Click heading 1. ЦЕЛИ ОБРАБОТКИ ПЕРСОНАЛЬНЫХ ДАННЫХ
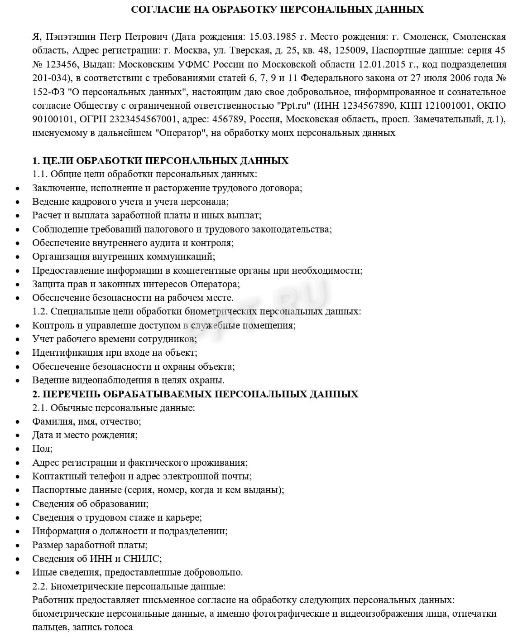[160, 161]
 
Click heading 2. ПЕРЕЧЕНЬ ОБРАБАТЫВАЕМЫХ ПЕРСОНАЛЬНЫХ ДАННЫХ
[195, 394]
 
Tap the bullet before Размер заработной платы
[18, 546]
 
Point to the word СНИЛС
[145, 559]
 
